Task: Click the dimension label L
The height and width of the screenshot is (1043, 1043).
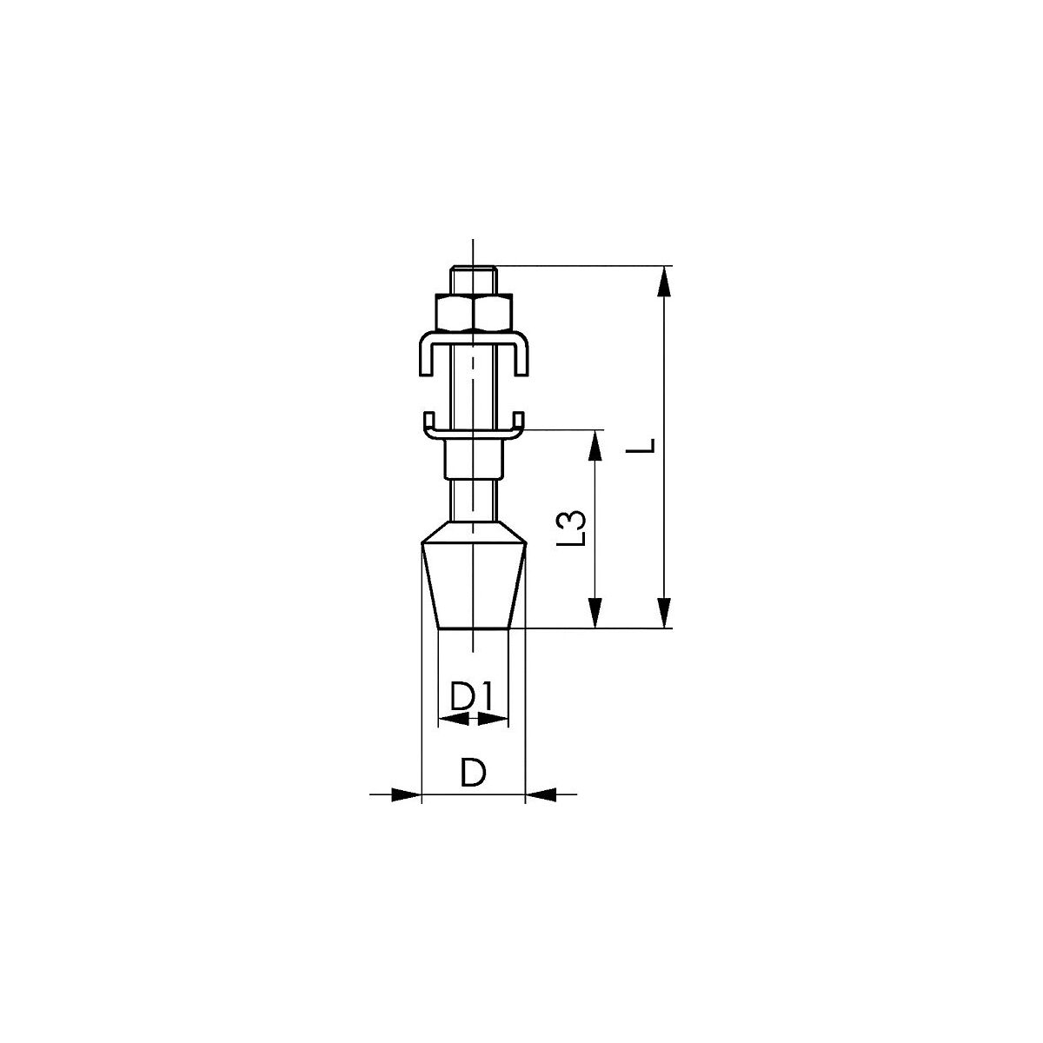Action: tap(647, 446)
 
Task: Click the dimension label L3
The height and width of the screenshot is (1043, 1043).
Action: tap(572, 528)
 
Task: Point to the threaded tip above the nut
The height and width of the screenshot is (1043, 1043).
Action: tap(473, 280)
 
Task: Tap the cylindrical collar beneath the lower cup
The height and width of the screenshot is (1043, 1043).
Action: tap(474, 459)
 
